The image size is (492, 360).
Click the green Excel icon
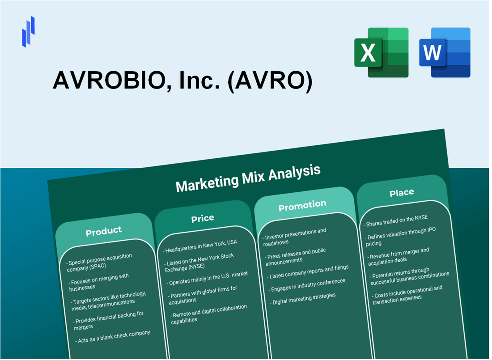[x=381, y=52]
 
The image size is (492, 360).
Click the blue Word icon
[x=445, y=52]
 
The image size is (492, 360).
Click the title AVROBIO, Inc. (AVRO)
[x=182, y=81]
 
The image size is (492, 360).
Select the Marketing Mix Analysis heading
[x=248, y=178]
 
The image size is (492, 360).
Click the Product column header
[x=104, y=231]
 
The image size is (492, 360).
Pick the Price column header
[x=203, y=218]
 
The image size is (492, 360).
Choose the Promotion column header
[x=302, y=206]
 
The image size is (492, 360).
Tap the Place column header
[x=402, y=193]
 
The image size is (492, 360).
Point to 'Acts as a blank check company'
[x=114, y=336]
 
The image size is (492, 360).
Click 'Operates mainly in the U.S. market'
[x=208, y=278]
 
